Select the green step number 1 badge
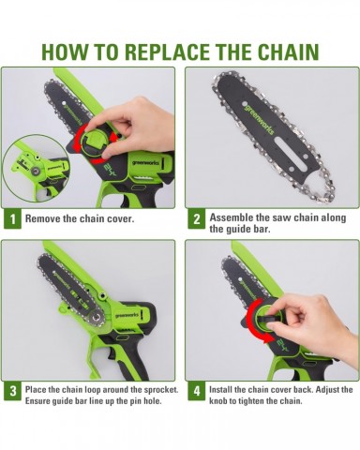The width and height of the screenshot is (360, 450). [x=12, y=219]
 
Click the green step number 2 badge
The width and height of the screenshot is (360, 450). [x=197, y=219]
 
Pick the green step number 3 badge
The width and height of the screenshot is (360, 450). [x=12, y=391]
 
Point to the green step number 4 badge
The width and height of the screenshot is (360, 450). [x=197, y=391]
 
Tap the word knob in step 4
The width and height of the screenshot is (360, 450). [x=217, y=400]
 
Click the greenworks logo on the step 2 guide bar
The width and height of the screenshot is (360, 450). [x=258, y=120]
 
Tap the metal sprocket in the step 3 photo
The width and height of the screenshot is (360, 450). [x=95, y=319]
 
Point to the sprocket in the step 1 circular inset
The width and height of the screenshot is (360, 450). [x=35, y=171]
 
